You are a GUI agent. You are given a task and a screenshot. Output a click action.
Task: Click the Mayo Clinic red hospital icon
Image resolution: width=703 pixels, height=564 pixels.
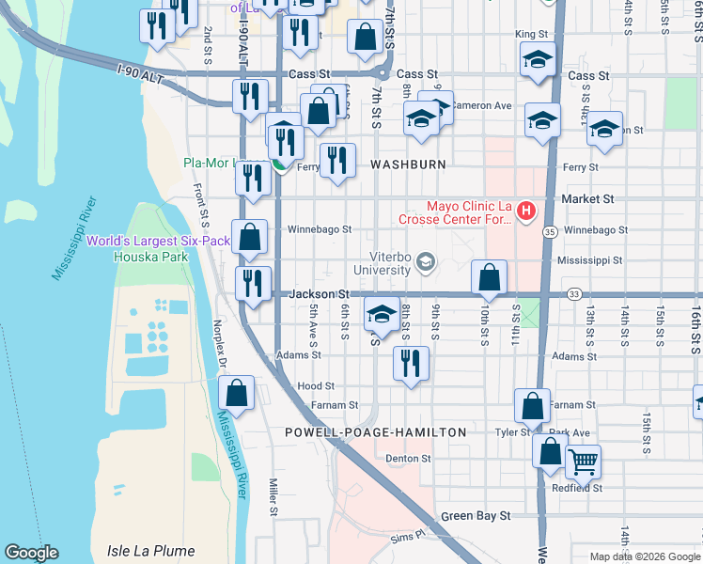(527, 211)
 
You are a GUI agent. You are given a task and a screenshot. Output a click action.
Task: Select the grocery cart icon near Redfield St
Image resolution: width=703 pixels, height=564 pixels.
(583, 462)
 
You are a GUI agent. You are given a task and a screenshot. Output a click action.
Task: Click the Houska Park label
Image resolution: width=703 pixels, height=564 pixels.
(139, 256)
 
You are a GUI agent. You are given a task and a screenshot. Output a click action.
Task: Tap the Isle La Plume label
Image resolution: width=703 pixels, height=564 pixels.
(150, 551)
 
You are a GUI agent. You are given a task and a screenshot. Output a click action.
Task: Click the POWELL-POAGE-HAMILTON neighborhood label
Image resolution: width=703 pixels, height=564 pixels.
(376, 432)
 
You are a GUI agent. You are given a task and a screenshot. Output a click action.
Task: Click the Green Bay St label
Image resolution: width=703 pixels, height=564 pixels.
(476, 516)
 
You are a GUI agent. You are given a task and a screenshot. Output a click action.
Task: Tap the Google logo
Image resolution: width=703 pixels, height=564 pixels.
(31, 553)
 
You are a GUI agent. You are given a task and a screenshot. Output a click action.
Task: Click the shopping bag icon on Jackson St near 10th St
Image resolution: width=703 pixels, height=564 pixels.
(489, 277)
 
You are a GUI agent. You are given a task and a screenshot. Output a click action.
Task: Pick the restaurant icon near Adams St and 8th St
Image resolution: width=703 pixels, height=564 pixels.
(410, 363)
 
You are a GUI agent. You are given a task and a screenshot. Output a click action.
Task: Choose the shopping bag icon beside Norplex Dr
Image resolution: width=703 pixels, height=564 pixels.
(237, 392)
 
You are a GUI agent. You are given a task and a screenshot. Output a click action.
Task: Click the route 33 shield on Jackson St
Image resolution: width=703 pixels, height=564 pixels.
(573, 294)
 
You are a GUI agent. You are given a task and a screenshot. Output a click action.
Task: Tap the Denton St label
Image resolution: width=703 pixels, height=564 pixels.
(408, 459)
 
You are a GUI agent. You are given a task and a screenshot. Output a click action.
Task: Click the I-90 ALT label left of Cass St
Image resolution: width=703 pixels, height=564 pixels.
(141, 74)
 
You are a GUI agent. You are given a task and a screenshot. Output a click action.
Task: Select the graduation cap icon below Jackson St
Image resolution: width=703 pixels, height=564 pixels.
(383, 316)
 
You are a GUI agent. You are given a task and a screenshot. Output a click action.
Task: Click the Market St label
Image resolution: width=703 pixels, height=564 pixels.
(587, 199)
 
